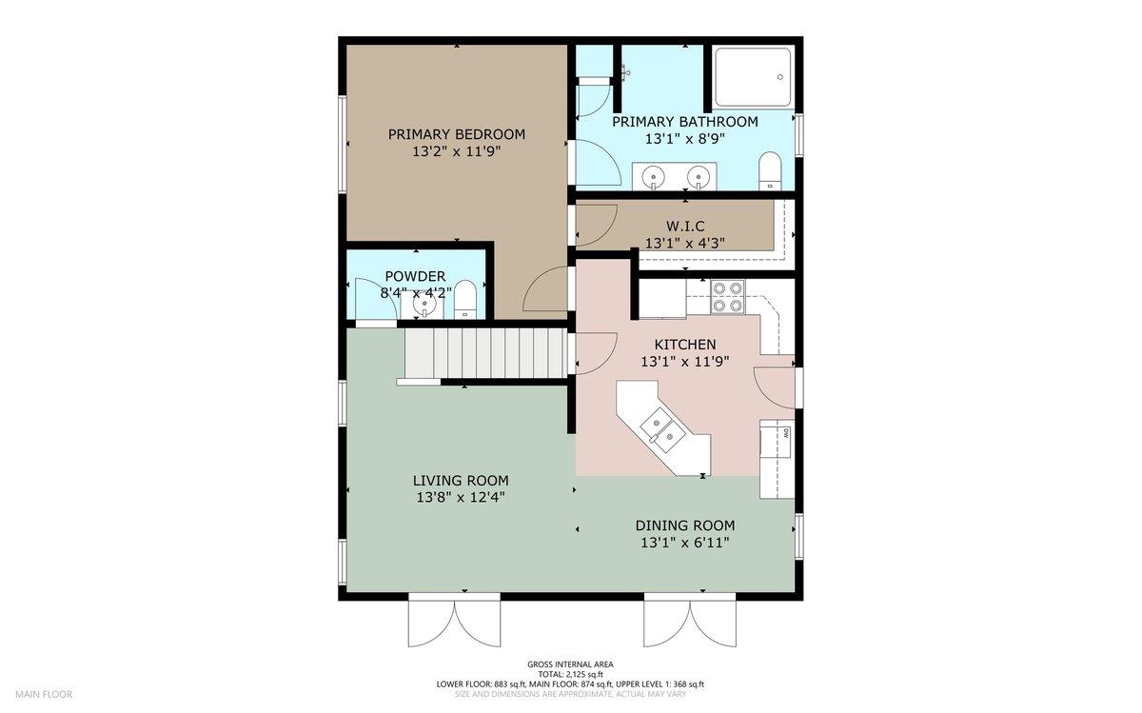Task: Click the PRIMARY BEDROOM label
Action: [456, 134]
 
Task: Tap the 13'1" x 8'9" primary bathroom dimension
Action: [684, 139]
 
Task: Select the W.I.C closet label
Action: [684, 226]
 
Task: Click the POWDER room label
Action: [415, 276]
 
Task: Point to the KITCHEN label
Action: [684, 345]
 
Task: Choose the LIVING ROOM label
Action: [461, 481]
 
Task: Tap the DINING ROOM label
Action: [684, 525]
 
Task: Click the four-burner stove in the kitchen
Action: [727, 297]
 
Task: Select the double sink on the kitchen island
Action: [661, 429]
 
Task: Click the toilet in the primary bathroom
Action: [770, 170]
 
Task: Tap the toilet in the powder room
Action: [464, 299]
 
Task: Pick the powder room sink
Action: [423, 305]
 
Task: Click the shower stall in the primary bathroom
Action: [753, 77]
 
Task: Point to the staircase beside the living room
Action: [487, 353]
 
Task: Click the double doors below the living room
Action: [454, 621]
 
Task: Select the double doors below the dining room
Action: [690, 621]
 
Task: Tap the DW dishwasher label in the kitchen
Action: [786, 434]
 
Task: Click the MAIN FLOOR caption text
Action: [44, 695]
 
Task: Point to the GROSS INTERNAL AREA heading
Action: [570, 664]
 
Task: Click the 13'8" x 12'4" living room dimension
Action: [461, 497]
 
